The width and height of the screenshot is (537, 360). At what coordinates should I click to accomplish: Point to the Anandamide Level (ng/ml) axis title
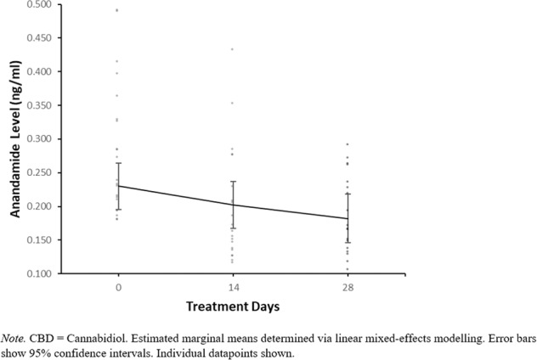click(16, 139)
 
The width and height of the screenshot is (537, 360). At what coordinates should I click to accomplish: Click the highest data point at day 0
click(117, 10)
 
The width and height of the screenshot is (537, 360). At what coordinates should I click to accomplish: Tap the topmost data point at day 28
click(348, 144)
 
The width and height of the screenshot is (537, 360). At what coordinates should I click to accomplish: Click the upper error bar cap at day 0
click(117, 163)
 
